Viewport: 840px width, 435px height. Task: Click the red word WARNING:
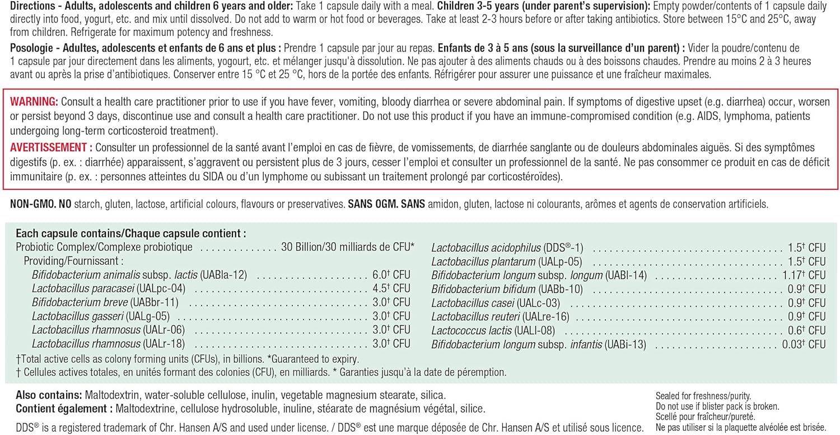34,102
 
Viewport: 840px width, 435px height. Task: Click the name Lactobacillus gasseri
77,316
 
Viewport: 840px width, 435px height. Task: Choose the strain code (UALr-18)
164,344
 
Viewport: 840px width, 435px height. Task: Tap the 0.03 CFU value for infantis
805,344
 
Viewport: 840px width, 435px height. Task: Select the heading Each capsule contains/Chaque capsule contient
131,233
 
